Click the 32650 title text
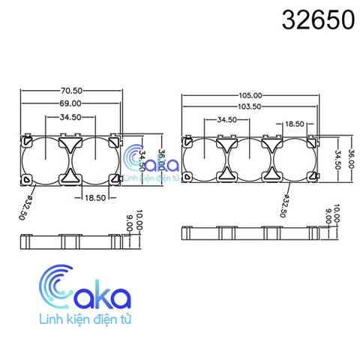(317, 20)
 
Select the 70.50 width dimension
(71, 90)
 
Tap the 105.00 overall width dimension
(250, 95)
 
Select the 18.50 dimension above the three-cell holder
(293, 122)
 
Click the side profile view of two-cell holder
(71, 241)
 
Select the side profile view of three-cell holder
(250, 233)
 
